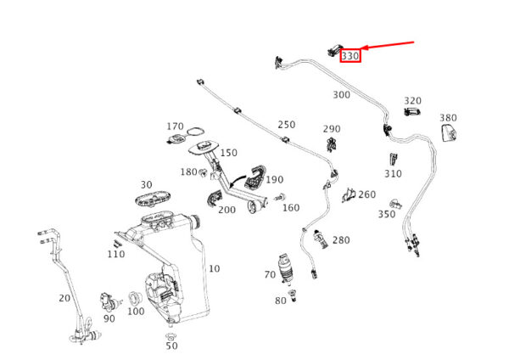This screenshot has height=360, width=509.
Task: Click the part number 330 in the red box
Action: (350, 56)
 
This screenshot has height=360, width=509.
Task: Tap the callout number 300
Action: (341, 94)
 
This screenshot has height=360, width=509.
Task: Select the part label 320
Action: (412, 100)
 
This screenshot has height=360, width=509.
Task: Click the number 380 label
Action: (448, 117)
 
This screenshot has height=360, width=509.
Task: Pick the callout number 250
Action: (286, 125)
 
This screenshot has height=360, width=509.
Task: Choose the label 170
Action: (175, 127)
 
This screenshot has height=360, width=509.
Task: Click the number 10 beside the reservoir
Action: (214, 268)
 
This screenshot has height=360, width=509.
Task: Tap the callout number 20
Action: (64, 297)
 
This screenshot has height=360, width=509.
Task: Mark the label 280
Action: (340, 240)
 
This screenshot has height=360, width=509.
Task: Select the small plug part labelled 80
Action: (294, 295)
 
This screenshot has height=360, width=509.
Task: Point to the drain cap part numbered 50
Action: (171, 335)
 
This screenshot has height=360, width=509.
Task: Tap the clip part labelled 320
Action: (413, 111)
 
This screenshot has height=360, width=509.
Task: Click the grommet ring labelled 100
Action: (134, 297)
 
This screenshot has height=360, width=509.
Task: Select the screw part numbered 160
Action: (277, 199)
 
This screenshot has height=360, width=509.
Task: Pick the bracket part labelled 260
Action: (349, 196)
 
